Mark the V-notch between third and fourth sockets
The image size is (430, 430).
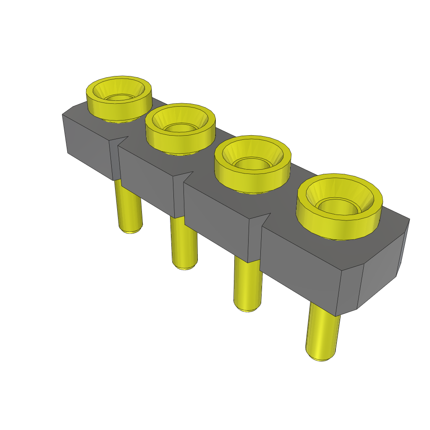tap(263, 220)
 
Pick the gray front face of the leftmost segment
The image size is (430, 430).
tap(88, 145)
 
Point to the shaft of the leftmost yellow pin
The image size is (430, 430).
tap(129, 206)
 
